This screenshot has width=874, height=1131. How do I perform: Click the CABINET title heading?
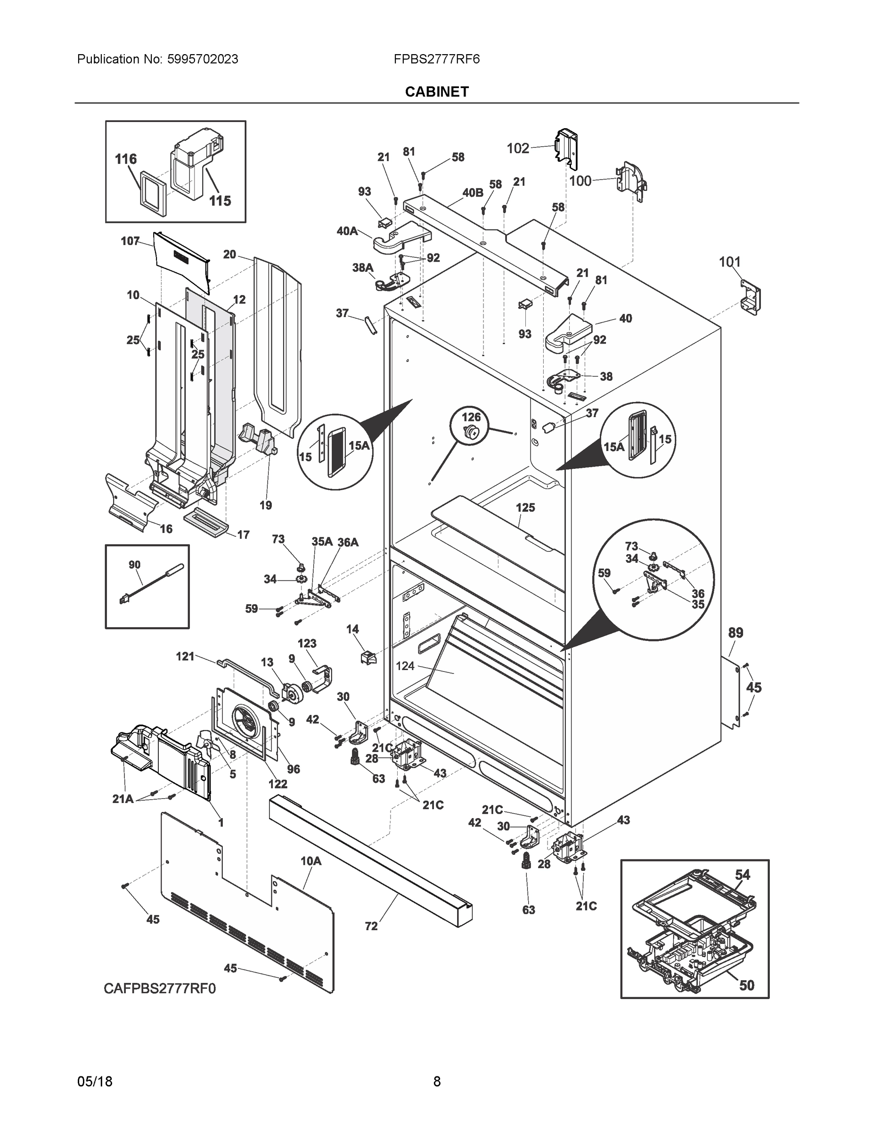coord(436,92)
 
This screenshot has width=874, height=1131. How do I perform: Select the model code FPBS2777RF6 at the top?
coord(436,59)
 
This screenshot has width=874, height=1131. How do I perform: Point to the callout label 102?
coord(518,148)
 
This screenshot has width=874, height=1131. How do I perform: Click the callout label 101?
coord(729,262)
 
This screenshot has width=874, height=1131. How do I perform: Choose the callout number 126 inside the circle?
coord(471,417)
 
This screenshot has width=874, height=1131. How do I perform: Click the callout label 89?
coord(735,633)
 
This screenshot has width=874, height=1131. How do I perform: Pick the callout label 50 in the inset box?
coord(746,985)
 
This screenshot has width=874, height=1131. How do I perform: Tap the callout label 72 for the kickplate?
coord(371,926)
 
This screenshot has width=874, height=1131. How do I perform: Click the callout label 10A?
coord(310,861)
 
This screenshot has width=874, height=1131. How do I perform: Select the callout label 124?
coord(405,666)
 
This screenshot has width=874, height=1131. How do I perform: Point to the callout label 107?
coord(130,241)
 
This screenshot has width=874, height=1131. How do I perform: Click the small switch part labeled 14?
coord(368,659)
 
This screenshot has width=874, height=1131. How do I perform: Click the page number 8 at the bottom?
coord(436,1082)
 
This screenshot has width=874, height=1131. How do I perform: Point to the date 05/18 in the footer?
coord(95,1082)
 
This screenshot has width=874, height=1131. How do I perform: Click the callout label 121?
coord(185,656)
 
